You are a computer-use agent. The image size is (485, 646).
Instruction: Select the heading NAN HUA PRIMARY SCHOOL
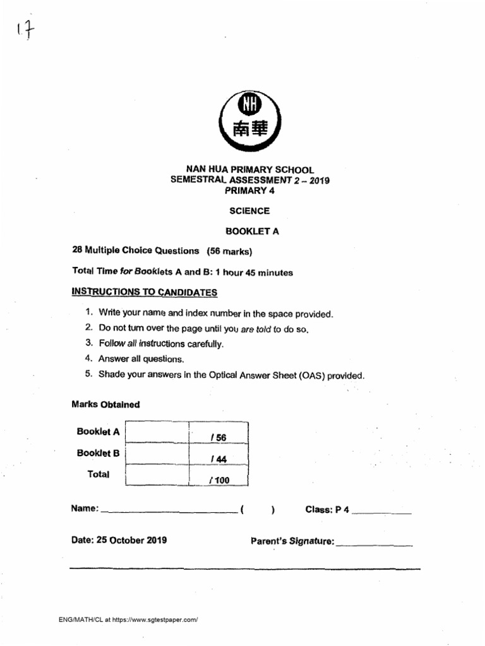[249, 170]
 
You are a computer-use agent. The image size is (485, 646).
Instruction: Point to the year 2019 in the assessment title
[318, 180]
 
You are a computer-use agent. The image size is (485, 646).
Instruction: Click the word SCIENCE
[249, 211]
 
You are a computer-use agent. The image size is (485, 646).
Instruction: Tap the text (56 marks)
[229, 251]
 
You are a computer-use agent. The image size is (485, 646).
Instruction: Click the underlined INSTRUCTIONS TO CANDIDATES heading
[145, 292]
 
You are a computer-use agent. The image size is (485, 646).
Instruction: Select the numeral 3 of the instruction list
[89, 343]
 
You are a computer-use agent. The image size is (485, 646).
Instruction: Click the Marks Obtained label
[105, 404]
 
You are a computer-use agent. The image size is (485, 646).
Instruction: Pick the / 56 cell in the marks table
[219, 437]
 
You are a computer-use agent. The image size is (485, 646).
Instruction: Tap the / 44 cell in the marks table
[219, 459]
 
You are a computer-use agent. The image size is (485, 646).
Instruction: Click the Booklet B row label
[98, 453]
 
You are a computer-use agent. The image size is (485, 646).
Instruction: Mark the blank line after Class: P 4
[381, 512]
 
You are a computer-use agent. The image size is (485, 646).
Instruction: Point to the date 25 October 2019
[119, 540]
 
